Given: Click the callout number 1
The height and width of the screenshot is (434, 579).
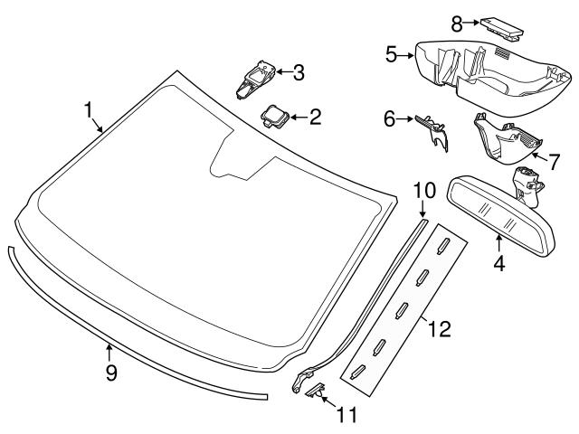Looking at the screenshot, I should pos(90,111).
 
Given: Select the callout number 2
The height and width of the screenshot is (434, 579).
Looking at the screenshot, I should pos(315,116).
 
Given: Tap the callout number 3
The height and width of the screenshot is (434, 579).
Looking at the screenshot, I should pos(299,71).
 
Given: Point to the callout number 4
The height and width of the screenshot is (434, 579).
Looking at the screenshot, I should pos(498,264).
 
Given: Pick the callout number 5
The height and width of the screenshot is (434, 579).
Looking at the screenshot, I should pos(392,54).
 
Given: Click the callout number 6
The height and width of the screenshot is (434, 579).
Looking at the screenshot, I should pos(391,118).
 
